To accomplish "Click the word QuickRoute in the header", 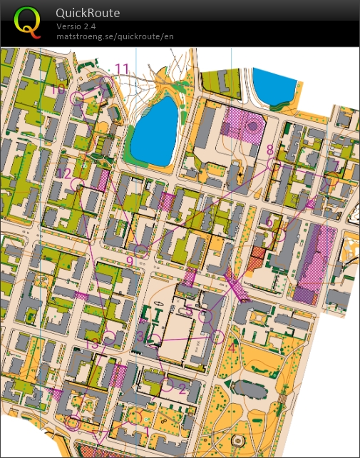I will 88,13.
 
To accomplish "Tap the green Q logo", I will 28,21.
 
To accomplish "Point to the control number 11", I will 122,68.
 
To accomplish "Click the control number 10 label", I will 58,88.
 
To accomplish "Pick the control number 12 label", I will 65,173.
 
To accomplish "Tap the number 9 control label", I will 130,261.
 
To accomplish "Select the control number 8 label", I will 269,150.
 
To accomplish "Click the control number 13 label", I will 91,345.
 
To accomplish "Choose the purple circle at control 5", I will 206,316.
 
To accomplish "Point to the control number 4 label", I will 231,348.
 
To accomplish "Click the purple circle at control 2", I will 167,385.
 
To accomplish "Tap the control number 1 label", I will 148,431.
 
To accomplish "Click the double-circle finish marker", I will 73,422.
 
